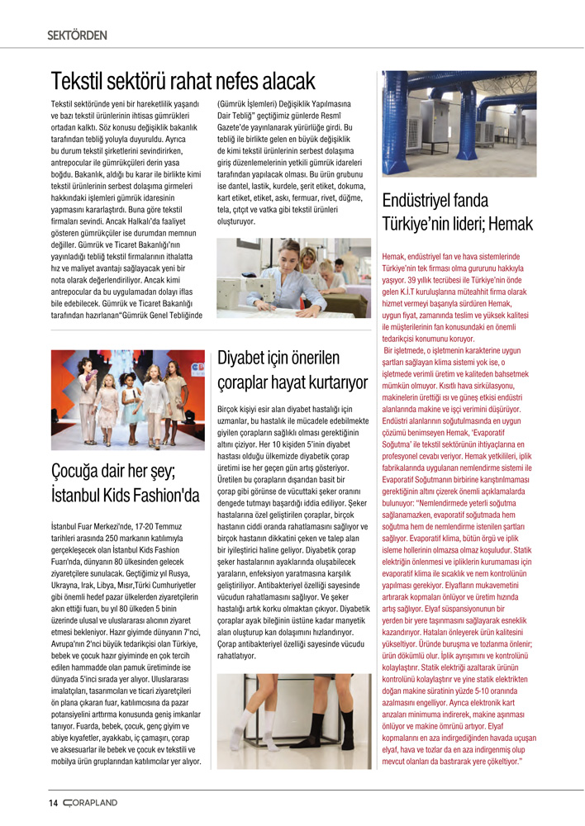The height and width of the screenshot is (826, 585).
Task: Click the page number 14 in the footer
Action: (x=53, y=803)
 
